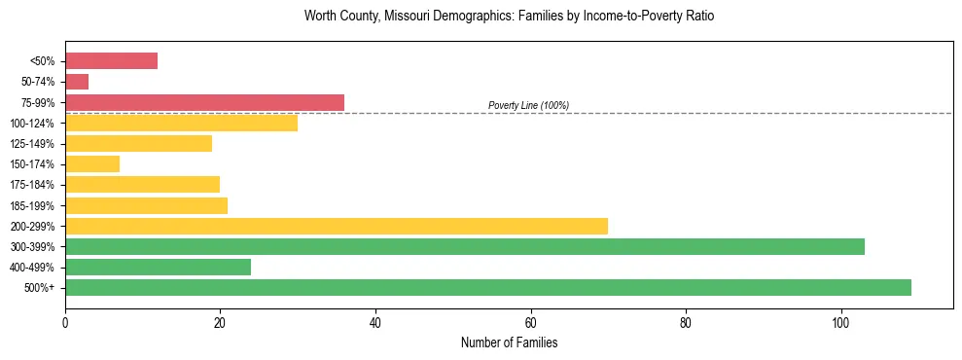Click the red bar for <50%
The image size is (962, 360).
pos(111,61)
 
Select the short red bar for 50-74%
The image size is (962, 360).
pos(77,82)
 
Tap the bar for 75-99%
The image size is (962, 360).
pos(204,102)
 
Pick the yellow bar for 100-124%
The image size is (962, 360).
pos(181,123)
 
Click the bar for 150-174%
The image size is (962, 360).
pos(92,163)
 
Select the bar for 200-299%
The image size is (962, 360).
pos(337,226)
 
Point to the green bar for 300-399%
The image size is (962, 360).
pos(465,246)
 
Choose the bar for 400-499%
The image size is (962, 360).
pos(158,267)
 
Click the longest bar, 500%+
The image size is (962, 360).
pos(488,287)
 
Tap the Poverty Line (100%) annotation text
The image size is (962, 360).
pos(528,105)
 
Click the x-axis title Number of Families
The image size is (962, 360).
pos(509,342)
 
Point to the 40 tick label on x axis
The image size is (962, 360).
pos(375,322)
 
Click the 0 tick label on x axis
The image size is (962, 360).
pos(65,322)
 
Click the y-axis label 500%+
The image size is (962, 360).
pos(40,288)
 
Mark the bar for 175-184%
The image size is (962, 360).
pos(142,184)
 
